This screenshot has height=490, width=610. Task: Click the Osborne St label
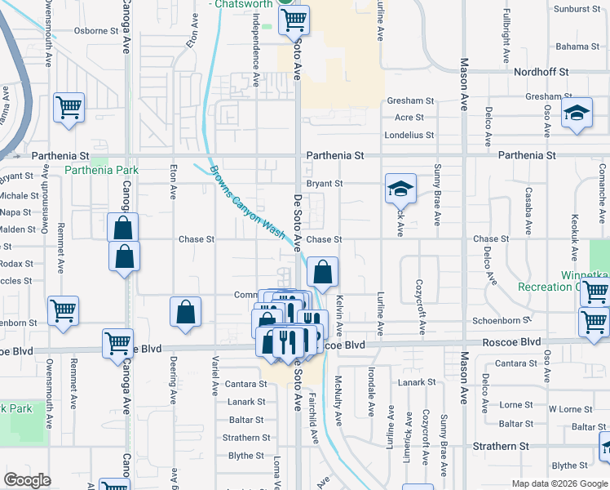(x=96, y=31)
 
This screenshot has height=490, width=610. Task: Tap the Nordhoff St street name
(x=541, y=72)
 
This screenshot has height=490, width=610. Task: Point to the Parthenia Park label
(x=102, y=171)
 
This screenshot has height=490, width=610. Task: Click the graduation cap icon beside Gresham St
(x=577, y=115)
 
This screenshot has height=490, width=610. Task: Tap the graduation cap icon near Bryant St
(x=401, y=190)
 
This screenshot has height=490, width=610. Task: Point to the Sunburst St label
(x=577, y=9)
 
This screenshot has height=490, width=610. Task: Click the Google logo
(x=28, y=480)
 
